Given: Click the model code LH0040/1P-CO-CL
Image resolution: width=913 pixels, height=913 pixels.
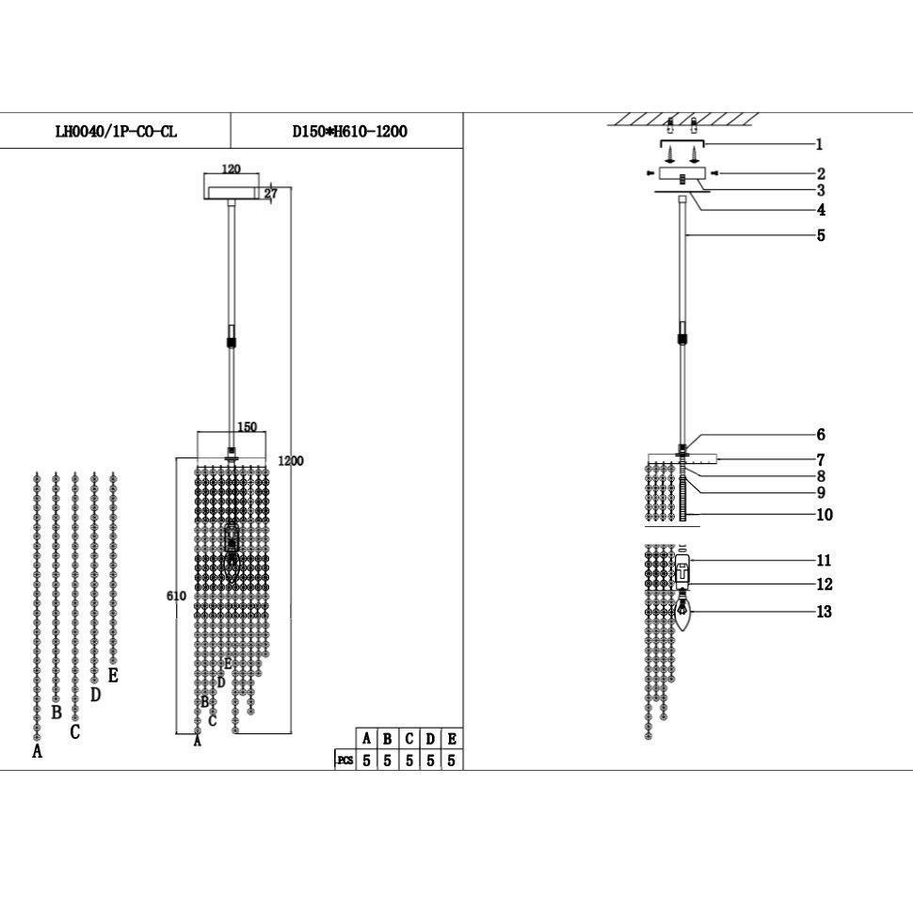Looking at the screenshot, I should [x=116, y=132].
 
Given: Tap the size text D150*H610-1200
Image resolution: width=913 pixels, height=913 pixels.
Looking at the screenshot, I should [x=350, y=132].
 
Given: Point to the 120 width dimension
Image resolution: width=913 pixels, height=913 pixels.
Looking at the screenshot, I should [x=231, y=169].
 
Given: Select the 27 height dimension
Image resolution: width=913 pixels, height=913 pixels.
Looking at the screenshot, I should [x=271, y=194].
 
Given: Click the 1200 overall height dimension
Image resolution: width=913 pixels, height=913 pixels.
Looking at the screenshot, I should [x=291, y=461].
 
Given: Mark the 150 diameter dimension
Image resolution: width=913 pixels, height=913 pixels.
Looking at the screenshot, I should [x=246, y=427].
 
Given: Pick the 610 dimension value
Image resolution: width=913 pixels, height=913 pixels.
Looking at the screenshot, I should [x=176, y=596].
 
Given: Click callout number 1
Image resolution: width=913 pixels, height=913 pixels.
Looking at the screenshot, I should [x=819, y=144].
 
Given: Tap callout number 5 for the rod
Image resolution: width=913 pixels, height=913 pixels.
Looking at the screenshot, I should [x=821, y=235].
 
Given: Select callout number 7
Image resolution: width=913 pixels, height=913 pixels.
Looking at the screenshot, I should [x=821, y=460].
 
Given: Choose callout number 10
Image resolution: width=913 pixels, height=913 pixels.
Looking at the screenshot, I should [x=825, y=515].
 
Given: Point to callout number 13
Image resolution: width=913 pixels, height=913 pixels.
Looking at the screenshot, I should [x=825, y=612].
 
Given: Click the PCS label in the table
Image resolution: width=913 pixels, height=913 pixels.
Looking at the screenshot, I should [x=344, y=761].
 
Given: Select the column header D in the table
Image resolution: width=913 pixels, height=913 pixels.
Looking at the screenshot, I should [x=430, y=740].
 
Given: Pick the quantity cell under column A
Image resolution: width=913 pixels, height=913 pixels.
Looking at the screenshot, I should [x=366, y=761].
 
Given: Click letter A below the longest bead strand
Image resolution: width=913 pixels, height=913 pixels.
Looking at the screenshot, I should [x=38, y=751].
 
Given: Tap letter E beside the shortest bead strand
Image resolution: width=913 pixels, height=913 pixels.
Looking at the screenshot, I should [x=113, y=675].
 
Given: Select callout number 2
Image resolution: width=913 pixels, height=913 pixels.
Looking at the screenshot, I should [x=821, y=174].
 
